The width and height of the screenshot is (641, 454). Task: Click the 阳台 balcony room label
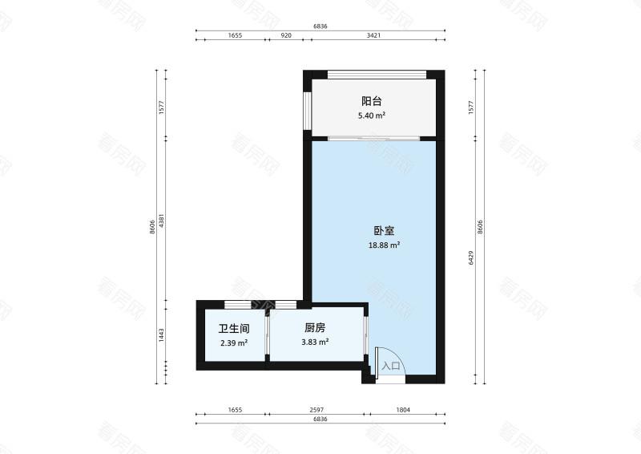pyautogui.click(x=371, y=101)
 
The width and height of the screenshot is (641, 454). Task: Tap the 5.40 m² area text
pyautogui.click(x=371, y=116)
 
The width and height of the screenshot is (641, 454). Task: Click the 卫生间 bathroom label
pyautogui.click(x=233, y=328)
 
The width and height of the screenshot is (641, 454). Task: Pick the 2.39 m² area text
pyautogui.click(x=233, y=343)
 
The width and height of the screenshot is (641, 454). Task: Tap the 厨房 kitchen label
pyautogui.click(x=314, y=328)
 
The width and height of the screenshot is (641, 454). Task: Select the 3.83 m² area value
pyautogui.click(x=314, y=343)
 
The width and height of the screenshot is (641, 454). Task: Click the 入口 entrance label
pyautogui.click(x=392, y=366)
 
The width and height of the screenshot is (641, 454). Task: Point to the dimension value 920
pyautogui.click(x=285, y=36)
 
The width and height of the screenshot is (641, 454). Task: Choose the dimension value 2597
pyautogui.click(x=319, y=410)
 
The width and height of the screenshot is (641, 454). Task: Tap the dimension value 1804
pyautogui.click(x=403, y=410)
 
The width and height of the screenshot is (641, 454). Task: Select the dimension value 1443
pyautogui.click(x=162, y=335)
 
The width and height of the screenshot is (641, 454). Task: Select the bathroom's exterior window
pyautogui.click(x=235, y=305)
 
